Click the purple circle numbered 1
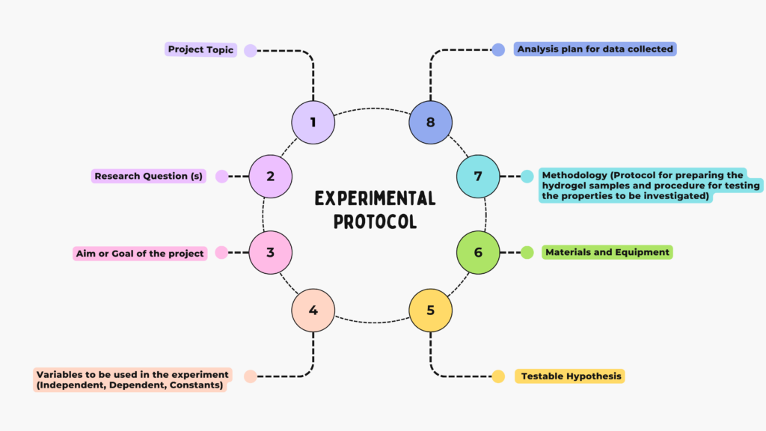tap(313, 122)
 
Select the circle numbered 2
tap(270, 177)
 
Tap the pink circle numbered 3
tap(270, 253)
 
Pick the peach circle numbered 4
tap(313, 309)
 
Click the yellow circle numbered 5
tap(430, 309)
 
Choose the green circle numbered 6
tap(478, 253)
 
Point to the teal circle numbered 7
tap(478, 177)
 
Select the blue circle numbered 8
tap(430, 122)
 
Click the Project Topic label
tap(200, 50)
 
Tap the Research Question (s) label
tap(148, 177)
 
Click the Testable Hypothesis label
tap(571, 376)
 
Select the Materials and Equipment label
tap(607, 252)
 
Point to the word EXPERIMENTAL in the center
tap(375, 198)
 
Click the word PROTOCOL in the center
tap(375, 222)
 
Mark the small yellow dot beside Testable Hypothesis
tap(498, 376)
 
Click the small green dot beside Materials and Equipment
tap(527, 252)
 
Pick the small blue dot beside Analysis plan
tap(498, 50)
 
